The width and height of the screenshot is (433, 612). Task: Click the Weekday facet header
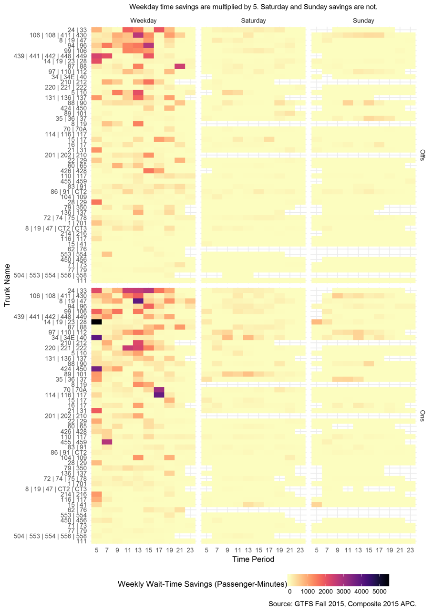(x=143, y=21)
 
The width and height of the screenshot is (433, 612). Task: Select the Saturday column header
(x=253, y=21)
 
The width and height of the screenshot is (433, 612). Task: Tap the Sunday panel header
(x=363, y=21)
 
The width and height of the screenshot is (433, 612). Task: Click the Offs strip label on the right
(x=423, y=156)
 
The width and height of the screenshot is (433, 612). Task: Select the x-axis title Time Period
(x=253, y=560)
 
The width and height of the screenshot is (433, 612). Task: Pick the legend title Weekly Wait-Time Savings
(x=202, y=584)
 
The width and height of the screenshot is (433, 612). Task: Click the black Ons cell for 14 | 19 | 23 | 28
(x=96, y=322)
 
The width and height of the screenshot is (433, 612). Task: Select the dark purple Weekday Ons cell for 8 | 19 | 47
(x=138, y=301)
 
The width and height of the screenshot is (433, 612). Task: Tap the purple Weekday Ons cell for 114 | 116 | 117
(x=159, y=394)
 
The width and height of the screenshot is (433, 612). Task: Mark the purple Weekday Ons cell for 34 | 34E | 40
(x=96, y=337)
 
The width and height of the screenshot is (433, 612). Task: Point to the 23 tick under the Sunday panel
(x=411, y=550)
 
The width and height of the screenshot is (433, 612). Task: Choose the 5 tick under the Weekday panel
(x=96, y=550)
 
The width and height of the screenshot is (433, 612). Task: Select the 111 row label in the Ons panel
(x=82, y=541)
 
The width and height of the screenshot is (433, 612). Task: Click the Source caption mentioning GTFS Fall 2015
(x=342, y=604)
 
